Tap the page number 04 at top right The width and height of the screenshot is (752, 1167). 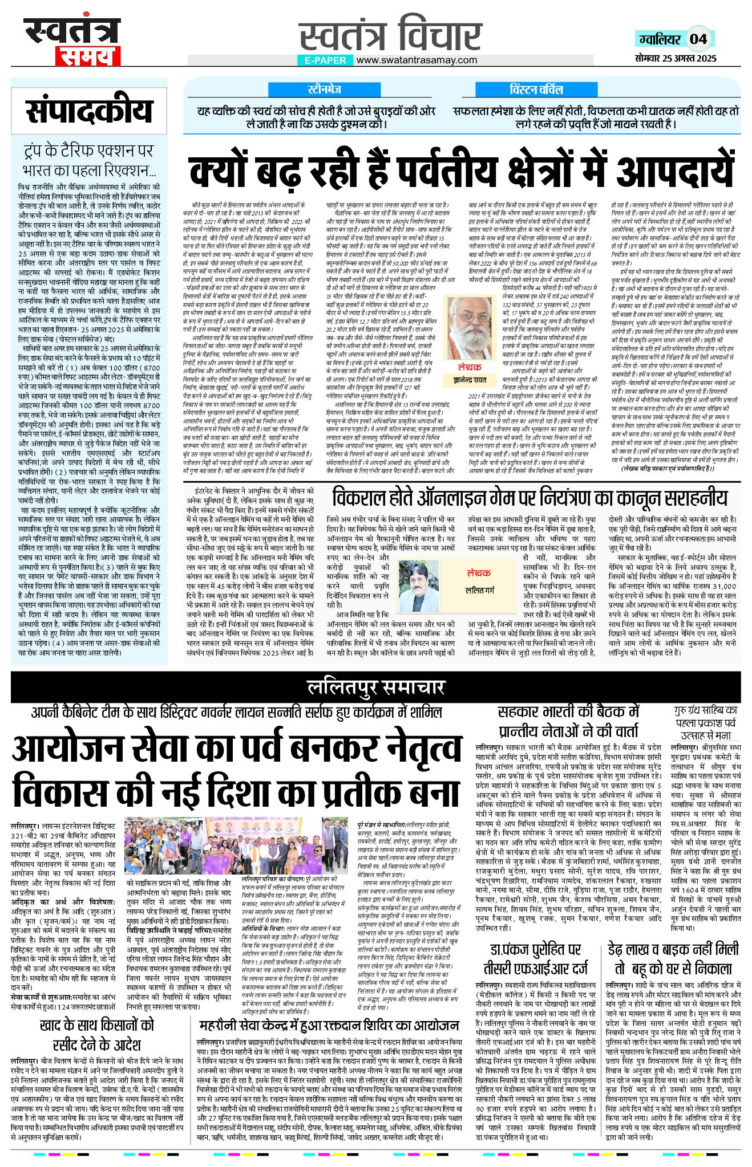(x=698, y=39)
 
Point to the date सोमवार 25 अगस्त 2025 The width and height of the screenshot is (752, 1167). (x=676, y=58)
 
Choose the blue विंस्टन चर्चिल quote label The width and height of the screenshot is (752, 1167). (x=536, y=90)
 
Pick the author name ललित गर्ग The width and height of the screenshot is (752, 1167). (x=479, y=591)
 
